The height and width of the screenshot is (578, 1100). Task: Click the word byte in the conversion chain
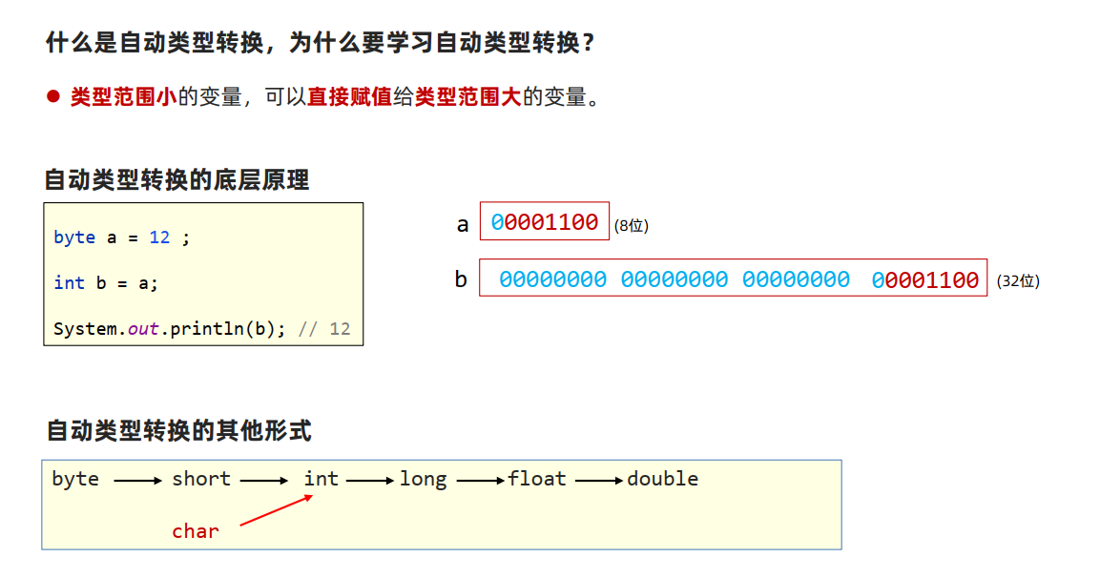click(75, 479)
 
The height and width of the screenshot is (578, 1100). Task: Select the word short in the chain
click(201, 479)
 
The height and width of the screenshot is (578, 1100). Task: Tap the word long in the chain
click(423, 479)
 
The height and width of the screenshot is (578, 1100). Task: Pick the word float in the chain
click(537, 479)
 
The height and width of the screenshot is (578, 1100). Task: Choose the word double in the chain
click(662, 479)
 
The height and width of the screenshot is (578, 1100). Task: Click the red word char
click(196, 531)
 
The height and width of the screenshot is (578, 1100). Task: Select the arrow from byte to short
click(137, 482)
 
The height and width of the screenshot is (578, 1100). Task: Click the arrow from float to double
click(598, 482)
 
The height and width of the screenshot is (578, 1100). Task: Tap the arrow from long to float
click(480, 482)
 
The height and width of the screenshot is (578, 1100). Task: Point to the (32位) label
click(1018, 281)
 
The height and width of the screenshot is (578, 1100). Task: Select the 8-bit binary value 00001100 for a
click(545, 223)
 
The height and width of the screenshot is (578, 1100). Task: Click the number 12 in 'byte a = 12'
click(159, 237)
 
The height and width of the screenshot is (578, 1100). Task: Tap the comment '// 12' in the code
click(324, 329)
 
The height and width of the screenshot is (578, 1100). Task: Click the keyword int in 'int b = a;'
click(69, 282)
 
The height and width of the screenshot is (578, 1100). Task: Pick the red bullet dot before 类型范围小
click(53, 96)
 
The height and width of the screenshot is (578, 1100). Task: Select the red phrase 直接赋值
click(349, 96)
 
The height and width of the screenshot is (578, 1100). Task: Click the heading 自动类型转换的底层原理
click(176, 179)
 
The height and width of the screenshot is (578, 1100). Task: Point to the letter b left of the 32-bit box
click(461, 280)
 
